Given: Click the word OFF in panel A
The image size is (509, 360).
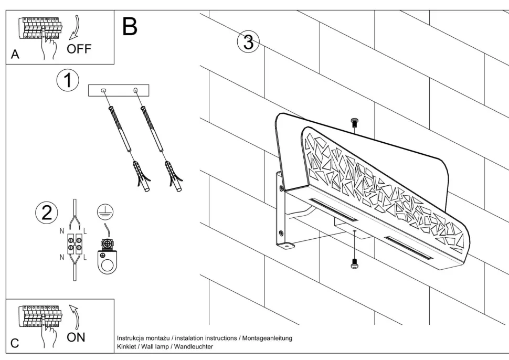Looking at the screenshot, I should coord(79,49).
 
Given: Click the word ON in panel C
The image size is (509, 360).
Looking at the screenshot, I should coord(76,337).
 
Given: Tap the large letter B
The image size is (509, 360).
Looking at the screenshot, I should coord(129,26).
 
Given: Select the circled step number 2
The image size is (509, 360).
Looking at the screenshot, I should coord(46,212).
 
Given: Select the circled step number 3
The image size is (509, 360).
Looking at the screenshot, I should coord(248,42).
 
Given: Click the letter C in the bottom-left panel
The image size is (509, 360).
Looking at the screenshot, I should coord(15,344).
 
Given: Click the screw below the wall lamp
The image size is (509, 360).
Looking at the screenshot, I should coord(354,264).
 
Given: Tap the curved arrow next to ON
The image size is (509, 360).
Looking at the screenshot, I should coord(75,316).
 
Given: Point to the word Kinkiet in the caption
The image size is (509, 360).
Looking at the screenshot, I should coord(126,346).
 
